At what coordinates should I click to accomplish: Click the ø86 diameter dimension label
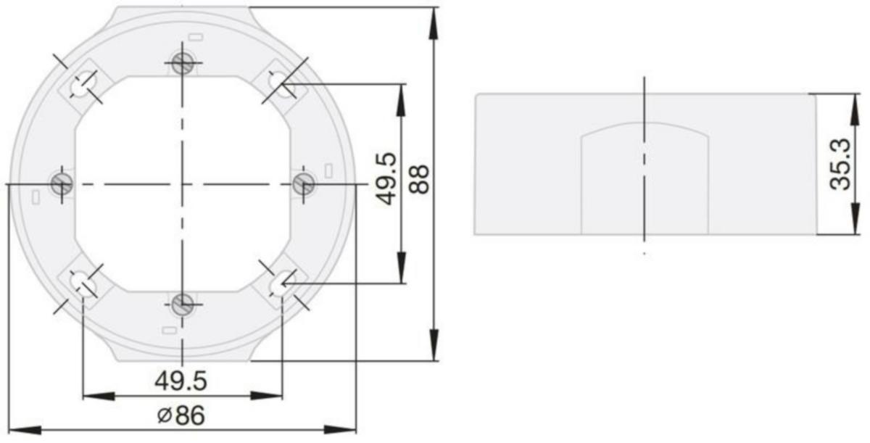click(x=181, y=415)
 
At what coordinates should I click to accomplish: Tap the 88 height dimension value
click(x=419, y=179)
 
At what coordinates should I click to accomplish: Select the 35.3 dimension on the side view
click(x=840, y=165)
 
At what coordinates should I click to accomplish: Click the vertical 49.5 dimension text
click(x=386, y=179)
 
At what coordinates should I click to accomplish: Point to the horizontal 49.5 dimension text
click(x=181, y=381)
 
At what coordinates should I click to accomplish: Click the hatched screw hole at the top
click(x=183, y=63)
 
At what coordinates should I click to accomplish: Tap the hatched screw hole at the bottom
click(x=183, y=305)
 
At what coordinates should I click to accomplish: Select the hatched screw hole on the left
click(x=62, y=183)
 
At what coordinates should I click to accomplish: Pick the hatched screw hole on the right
click(x=304, y=183)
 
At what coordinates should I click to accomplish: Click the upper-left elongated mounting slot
click(x=83, y=84)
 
